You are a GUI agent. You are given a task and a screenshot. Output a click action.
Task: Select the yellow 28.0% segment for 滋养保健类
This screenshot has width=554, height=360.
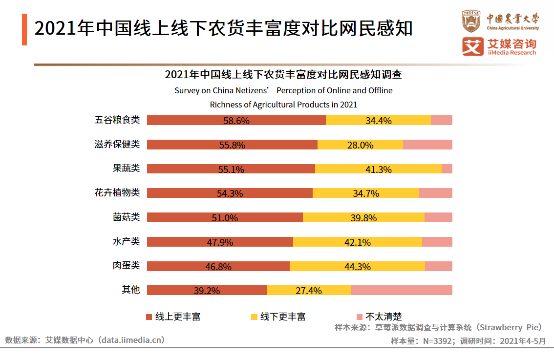click(360, 145)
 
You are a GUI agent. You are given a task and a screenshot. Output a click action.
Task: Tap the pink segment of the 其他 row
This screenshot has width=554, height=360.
click(401, 290)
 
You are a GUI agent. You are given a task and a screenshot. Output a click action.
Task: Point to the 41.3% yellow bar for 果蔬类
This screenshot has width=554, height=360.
click(378, 169)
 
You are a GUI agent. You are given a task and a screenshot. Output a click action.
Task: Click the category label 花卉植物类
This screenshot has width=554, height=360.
click(117, 192)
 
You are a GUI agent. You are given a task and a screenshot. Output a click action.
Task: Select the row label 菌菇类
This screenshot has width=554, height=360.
click(126, 217)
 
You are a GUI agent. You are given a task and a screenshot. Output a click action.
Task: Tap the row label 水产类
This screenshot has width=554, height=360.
click(126, 241)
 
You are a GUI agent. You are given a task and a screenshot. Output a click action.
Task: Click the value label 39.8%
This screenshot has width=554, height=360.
click(363, 218)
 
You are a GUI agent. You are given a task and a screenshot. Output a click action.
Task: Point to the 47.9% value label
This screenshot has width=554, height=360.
click(220, 242)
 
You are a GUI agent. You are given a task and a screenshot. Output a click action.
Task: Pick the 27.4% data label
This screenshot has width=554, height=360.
click(309, 291)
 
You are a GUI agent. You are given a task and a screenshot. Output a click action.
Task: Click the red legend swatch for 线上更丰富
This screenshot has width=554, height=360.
click(149, 317)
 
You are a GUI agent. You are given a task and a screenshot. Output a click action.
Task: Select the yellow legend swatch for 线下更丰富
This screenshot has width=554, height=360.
click(254, 317)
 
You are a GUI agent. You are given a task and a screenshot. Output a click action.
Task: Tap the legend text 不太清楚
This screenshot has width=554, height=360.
click(384, 317)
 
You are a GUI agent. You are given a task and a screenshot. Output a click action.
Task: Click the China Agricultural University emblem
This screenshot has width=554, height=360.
click(471, 21)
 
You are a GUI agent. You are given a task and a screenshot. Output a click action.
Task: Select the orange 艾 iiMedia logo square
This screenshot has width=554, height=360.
click(472, 47)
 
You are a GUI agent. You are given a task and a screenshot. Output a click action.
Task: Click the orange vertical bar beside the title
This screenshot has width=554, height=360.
click(24, 30)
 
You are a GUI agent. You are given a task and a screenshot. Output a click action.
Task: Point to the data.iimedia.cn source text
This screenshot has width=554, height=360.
click(131, 339)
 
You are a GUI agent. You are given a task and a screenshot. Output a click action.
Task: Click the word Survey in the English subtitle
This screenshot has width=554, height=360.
click(186, 90)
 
